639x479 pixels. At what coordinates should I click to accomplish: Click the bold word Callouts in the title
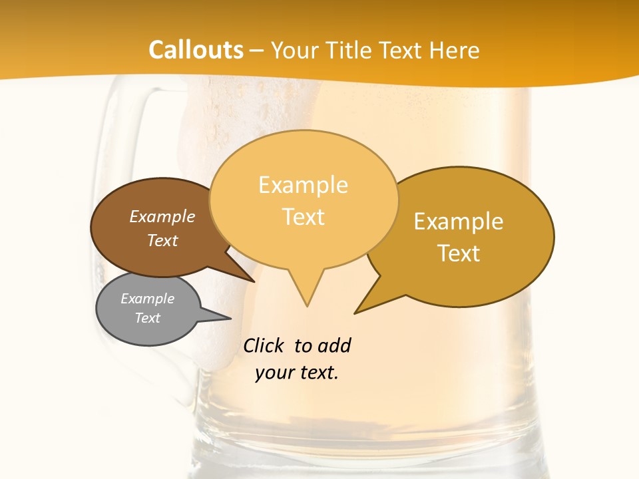click(196, 50)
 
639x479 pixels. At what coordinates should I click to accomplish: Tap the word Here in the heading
click(454, 50)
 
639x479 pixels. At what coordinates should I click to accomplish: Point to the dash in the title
click(258, 51)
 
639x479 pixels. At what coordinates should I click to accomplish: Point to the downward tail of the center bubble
click(306, 293)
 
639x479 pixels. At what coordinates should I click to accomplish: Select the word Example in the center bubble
click(303, 185)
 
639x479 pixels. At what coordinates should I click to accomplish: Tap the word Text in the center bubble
click(303, 217)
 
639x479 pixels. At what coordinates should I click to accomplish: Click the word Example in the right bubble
click(459, 222)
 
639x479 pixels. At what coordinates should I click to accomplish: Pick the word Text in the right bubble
click(459, 253)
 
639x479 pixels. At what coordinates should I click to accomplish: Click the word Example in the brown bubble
click(162, 217)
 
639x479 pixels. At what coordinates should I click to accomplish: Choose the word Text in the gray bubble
click(148, 318)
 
